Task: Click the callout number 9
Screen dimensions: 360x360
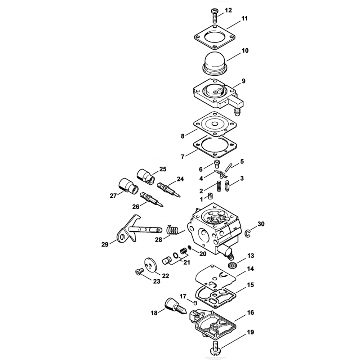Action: pos(243,81)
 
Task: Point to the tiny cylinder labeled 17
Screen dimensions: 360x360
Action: pos(195,303)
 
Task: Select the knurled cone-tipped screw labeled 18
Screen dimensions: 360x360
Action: pos(174,306)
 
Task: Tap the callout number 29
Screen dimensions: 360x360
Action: pos(105,245)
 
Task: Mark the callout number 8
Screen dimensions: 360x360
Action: pos(183,136)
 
